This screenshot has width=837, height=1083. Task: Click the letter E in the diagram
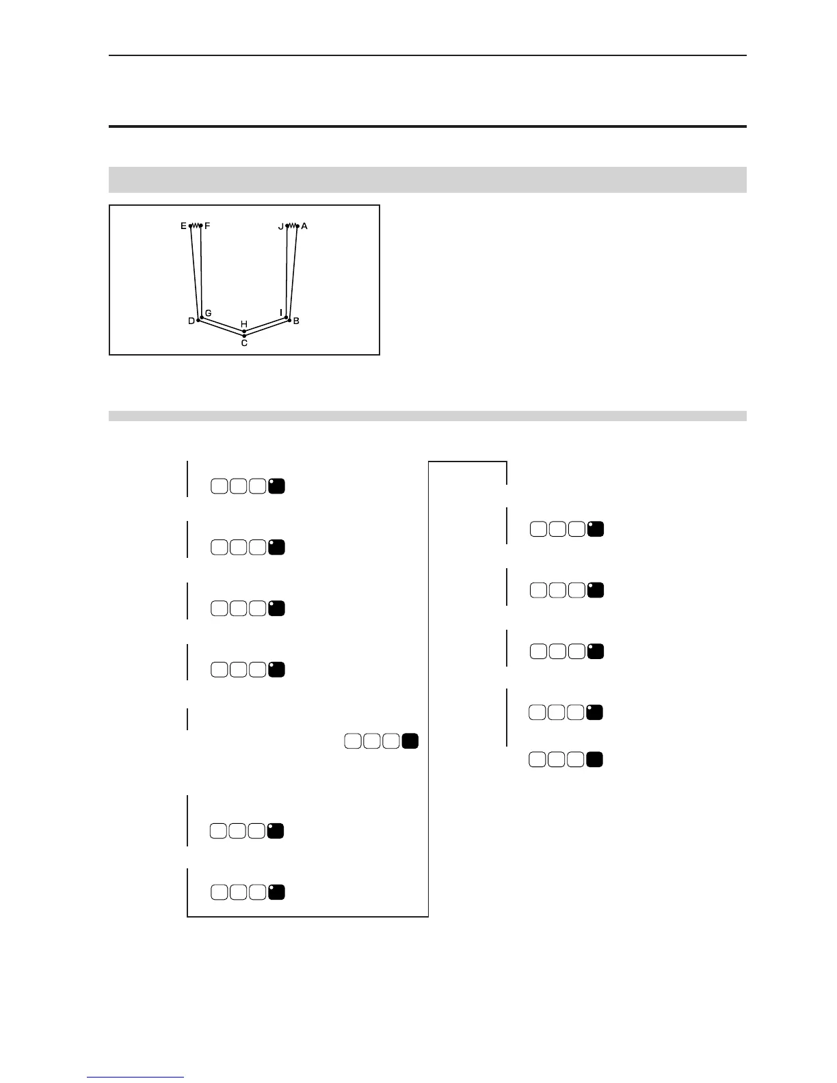pyautogui.click(x=183, y=226)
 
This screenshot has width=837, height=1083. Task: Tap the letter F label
pyautogui.click(x=207, y=226)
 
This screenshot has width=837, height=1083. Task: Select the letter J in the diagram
pyautogui.click(x=280, y=226)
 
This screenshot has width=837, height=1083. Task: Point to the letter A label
pyautogui.click(x=304, y=226)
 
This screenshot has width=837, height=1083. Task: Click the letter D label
pyautogui.click(x=191, y=321)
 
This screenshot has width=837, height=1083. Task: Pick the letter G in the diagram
pyautogui.click(x=208, y=313)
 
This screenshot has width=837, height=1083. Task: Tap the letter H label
pyautogui.click(x=243, y=323)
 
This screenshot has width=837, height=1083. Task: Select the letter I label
pyautogui.click(x=281, y=312)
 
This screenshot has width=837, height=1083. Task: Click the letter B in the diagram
pyautogui.click(x=296, y=321)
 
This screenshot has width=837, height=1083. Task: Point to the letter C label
pyautogui.click(x=244, y=343)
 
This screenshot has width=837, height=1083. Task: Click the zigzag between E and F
pyautogui.click(x=196, y=226)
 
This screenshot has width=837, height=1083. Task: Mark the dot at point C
pyautogui.click(x=244, y=336)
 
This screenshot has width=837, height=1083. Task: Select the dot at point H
pyautogui.click(x=244, y=331)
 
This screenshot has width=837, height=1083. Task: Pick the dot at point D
pyautogui.click(x=198, y=320)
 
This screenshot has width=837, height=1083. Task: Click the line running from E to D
pyautogui.click(x=194, y=273)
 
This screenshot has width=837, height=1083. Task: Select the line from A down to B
pyautogui.click(x=294, y=273)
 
